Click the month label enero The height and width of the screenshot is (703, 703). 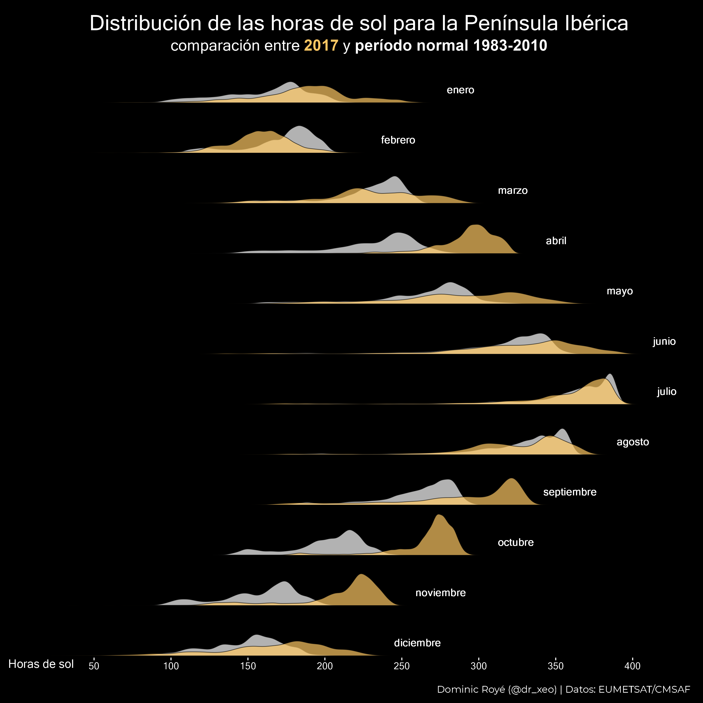point(460,90)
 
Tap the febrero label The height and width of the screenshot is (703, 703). point(398,140)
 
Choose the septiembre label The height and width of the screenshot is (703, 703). point(569,492)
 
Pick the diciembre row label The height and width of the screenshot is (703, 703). point(417,643)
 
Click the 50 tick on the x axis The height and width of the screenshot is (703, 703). point(94,666)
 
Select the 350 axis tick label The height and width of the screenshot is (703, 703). point(555,666)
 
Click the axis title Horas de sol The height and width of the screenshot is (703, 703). point(41,664)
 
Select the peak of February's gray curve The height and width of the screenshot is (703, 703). point(299,126)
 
